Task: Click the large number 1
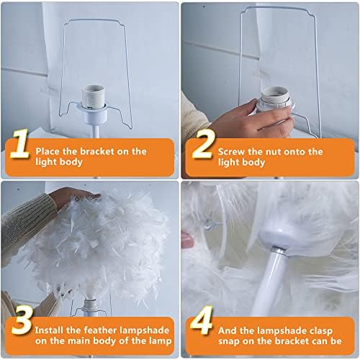19,143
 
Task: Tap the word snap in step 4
229,341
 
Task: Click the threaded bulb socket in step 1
93,96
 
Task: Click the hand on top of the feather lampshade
73,197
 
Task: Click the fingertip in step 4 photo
187,240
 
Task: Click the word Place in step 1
48,151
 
